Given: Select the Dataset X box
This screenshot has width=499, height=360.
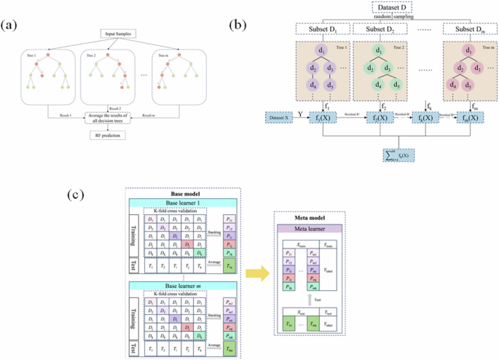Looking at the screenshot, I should (280, 118).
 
